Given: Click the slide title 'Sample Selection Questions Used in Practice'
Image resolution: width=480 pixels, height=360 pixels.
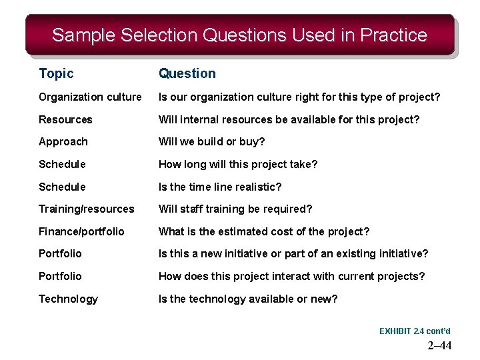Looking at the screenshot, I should [x=239, y=35].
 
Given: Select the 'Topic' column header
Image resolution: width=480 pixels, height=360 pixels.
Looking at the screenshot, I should [x=56, y=73].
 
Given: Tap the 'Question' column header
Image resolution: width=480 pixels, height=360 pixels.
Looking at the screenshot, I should [x=187, y=73].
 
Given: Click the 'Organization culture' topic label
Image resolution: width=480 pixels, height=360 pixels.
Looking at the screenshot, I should [x=90, y=97].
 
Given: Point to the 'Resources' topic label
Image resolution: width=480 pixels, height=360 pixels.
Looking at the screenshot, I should [x=65, y=120].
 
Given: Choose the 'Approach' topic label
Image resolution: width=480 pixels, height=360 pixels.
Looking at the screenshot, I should [x=63, y=142].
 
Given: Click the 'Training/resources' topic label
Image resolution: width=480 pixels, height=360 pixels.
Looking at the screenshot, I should [x=86, y=209].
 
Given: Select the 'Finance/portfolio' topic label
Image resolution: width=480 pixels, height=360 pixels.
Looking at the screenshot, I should [x=81, y=232].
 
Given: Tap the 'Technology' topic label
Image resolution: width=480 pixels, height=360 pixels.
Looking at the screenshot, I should [x=68, y=299].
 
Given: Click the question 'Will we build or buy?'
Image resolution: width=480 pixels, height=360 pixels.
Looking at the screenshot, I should [x=211, y=142].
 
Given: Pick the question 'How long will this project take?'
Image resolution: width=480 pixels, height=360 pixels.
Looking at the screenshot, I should [x=238, y=165].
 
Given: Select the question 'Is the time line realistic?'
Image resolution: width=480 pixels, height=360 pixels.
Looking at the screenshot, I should [x=220, y=187].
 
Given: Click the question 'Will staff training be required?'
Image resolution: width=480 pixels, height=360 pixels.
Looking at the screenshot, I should [x=235, y=209].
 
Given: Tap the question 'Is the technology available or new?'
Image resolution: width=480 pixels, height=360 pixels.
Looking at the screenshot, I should [x=247, y=299].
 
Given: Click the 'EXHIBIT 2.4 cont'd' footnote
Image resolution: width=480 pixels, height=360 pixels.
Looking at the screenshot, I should [x=415, y=331].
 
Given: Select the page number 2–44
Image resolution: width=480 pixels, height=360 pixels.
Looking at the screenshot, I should [x=439, y=345].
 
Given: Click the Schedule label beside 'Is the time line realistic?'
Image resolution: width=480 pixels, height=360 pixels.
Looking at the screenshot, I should [x=62, y=187].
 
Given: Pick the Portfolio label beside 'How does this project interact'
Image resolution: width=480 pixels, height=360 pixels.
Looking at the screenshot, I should [x=60, y=277].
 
